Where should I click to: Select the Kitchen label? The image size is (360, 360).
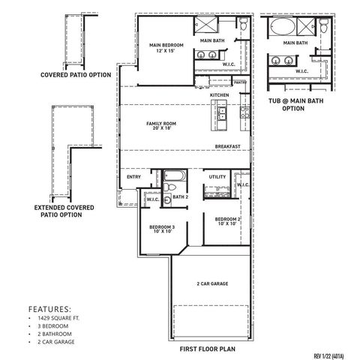(219, 96)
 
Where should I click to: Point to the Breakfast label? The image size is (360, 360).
(227, 146)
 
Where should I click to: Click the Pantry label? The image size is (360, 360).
(240, 82)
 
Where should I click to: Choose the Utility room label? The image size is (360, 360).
(217, 177)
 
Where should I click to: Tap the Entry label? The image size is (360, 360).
(134, 177)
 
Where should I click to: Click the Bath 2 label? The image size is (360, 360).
(180, 197)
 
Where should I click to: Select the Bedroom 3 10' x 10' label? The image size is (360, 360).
(162, 229)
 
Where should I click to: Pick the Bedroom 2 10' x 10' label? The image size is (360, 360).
(228, 222)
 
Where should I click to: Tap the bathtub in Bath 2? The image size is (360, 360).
(172, 180)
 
